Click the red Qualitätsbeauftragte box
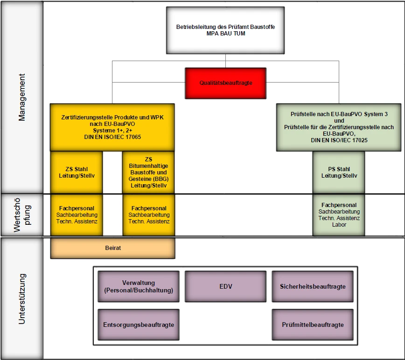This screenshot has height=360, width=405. tap(225, 83)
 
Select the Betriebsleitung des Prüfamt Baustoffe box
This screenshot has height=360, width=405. tap(225, 30)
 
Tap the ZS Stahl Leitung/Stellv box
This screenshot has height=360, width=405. tap(76, 172)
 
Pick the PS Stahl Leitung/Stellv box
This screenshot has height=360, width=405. tap(339, 172)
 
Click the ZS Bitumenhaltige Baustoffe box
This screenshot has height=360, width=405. tap(148, 172)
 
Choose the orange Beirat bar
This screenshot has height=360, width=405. tap(112, 248)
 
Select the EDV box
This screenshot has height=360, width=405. tap(225, 286)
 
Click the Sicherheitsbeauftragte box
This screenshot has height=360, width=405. tap(312, 286)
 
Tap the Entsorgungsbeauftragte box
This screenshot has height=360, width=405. tap(139, 325)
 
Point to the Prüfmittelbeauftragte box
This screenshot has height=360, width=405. tap(312, 325)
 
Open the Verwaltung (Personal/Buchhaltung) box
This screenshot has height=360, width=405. tap(139, 286)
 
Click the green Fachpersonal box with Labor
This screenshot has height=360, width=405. tap(339, 215)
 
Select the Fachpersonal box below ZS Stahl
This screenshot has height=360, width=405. tap(76, 215)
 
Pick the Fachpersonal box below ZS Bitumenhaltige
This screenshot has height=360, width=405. tap(148, 215)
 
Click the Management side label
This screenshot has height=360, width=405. tap(22, 97)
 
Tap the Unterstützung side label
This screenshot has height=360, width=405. tap(22, 299)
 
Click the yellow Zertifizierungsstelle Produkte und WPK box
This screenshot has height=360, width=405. tap(112, 127)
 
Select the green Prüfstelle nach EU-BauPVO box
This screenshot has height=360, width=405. tap(338, 127)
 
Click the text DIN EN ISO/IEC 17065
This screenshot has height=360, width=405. tap(112, 137)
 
